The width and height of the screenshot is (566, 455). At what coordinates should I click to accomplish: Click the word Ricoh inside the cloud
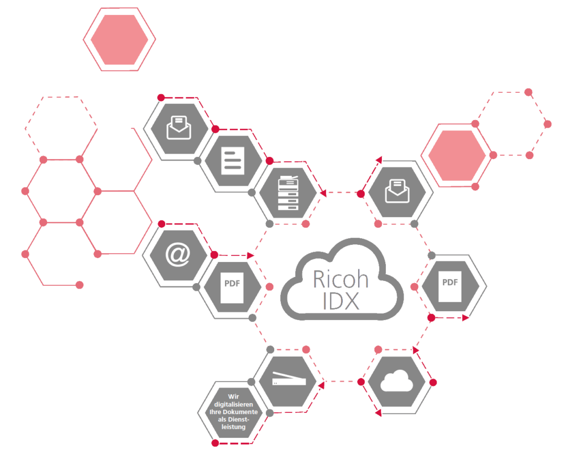click(x=340, y=279)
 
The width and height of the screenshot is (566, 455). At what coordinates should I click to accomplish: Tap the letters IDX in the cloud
click(x=341, y=301)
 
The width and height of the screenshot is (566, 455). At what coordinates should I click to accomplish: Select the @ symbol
click(x=178, y=254)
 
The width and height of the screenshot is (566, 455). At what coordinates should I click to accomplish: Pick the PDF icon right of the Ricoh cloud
click(x=450, y=286)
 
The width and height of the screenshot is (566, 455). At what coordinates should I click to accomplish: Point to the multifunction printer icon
click(x=288, y=193)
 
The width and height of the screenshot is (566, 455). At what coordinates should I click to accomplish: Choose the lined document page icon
click(x=233, y=161)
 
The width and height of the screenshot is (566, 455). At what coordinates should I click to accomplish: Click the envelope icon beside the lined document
click(x=179, y=128)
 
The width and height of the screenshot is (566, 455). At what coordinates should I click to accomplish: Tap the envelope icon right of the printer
click(x=397, y=191)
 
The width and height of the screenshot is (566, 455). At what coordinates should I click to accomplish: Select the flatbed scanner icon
click(x=289, y=379)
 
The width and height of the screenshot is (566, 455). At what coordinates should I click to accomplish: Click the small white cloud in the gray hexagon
click(x=397, y=380)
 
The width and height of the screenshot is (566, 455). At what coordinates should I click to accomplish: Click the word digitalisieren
click(x=234, y=405)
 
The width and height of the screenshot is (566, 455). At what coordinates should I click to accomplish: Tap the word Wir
click(x=234, y=396)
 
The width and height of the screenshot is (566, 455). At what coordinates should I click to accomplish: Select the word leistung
click(x=234, y=427)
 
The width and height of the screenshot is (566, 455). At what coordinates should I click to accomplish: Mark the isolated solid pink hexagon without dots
click(x=119, y=40)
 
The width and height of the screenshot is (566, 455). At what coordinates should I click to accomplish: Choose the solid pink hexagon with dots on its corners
click(x=457, y=155)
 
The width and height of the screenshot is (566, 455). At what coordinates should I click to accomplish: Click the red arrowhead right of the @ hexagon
click(x=250, y=255)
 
